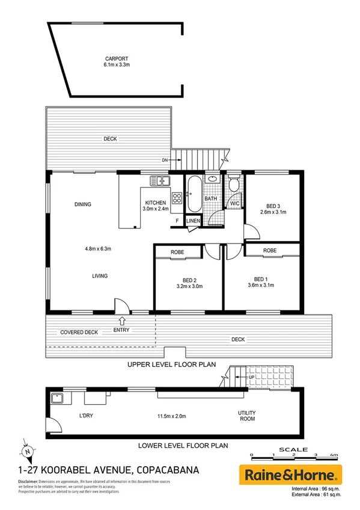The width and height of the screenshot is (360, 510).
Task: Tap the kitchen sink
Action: pos(160,179)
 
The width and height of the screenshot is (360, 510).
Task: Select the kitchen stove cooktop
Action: pos(177,197)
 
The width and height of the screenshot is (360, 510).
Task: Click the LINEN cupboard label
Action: pos(193,221)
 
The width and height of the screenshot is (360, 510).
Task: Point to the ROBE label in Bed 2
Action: pos(177,252)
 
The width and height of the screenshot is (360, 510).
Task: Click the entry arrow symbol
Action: pos(123,321)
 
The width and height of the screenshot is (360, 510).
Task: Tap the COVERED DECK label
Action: pos(79,332)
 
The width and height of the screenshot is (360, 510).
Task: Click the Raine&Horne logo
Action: pos(291,474)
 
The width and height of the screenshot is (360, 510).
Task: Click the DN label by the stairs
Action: pos(164,160)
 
